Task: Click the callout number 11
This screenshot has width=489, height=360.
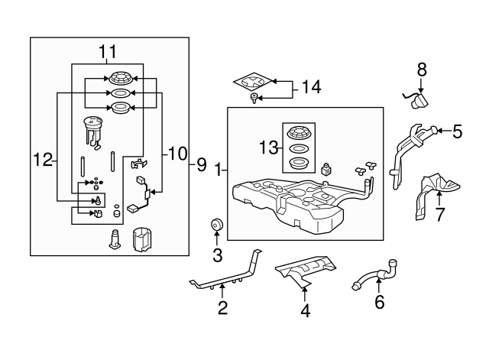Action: [x=108, y=51]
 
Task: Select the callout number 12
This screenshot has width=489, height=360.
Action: [x=43, y=160]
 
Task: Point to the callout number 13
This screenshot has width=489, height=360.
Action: [x=268, y=148]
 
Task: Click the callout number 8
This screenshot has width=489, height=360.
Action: [x=422, y=70]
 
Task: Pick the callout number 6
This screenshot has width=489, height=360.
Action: [x=379, y=302]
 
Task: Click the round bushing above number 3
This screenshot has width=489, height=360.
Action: [x=216, y=225]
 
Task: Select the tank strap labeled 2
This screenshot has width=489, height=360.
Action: [x=226, y=269]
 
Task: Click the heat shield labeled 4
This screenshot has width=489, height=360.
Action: [x=305, y=270]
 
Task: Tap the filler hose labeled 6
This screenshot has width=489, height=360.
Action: [x=377, y=275]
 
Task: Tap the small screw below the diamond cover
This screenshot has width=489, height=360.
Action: [x=254, y=99]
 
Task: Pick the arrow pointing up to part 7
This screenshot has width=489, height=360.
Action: [x=439, y=199]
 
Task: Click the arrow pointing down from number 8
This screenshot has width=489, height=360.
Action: [x=421, y=86]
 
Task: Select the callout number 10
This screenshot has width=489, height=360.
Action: [x=178, y=154]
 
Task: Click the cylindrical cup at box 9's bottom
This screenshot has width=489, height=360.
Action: [x=141, y=239]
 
